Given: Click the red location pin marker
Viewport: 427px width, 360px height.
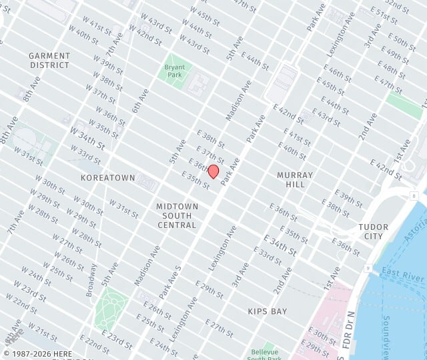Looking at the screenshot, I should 213,171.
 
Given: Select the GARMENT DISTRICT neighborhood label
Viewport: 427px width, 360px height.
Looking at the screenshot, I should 49,61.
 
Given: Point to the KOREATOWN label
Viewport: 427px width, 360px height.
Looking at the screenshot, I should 107,178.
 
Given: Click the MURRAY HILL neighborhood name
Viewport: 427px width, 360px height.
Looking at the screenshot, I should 290,179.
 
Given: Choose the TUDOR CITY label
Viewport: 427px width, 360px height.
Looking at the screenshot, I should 373,231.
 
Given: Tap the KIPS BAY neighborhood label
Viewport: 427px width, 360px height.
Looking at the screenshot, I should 267,311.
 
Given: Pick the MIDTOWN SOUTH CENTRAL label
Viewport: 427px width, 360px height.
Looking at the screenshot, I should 177,215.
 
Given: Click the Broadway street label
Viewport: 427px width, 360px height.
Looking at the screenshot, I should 91,280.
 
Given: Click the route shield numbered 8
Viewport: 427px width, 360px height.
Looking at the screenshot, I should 414,195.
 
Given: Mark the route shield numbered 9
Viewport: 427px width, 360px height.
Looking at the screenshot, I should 367,268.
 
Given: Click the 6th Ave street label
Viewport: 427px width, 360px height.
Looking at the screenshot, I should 139,100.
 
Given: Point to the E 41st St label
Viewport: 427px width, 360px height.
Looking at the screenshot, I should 298,137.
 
